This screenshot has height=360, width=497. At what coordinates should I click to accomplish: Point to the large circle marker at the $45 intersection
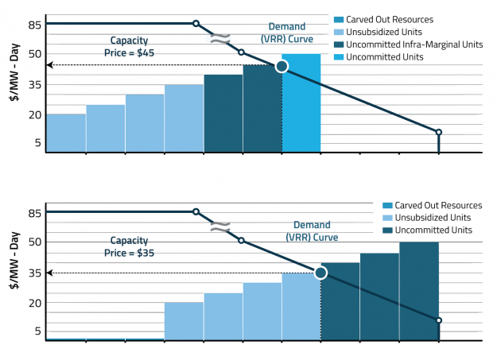282,66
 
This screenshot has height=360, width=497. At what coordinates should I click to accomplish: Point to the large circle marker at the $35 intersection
320,273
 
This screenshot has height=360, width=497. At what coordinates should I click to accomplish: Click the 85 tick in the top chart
33,24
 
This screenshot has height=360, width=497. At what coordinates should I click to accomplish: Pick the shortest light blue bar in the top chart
66,133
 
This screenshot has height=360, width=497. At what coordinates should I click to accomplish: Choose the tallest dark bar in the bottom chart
418,291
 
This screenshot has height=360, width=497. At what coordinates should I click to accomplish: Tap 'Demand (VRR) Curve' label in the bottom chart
315,230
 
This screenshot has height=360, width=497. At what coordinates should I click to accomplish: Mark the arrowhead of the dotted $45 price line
49,64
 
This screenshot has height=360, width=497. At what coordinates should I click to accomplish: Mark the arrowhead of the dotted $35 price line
49,273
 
